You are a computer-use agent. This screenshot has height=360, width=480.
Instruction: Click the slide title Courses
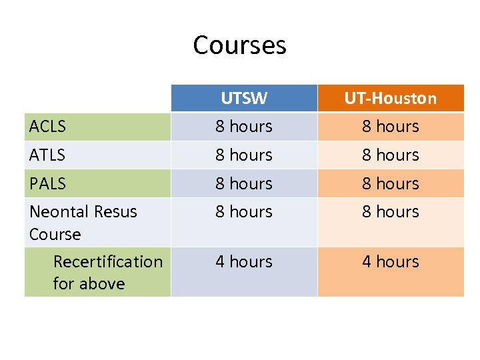[x=239, y=45]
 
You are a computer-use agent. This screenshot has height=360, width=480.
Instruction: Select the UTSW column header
[x=244, y=99]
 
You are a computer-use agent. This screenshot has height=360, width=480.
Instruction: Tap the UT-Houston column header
[x=391, y=99]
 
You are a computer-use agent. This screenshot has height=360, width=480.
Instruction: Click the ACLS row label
[x=48, y=126]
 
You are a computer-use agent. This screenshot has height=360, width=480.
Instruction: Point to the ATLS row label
[x=47, y=155]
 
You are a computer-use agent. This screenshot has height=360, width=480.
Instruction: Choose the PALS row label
[x=47, y=183]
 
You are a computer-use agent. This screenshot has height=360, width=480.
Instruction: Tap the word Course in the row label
[x=55, y=235]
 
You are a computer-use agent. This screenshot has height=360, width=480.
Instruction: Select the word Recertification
[x=108, y=261]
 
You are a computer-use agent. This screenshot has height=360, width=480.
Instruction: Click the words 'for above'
[x=89, y=284]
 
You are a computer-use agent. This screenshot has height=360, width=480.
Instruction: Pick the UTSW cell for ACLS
[x=244, y=126]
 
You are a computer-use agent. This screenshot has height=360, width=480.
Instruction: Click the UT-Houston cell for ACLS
[x=391, y=126]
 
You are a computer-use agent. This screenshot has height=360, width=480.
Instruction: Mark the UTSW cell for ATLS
[x=244, y=155]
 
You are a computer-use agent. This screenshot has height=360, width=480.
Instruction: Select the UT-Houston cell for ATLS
[x=391, y=155]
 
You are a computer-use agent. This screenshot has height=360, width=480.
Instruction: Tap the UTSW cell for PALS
[x=244, y=183]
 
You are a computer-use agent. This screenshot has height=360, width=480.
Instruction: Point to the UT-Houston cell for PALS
[x=391, y=183]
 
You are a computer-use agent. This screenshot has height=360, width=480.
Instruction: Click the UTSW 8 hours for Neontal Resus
[x=244, y=212]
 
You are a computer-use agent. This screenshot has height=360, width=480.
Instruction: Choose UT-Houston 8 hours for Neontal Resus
[x=391, y=212]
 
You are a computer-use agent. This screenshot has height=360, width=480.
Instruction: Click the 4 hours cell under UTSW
[x=244, y=262]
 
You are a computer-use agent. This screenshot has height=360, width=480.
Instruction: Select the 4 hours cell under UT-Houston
[x=391, y=262]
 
